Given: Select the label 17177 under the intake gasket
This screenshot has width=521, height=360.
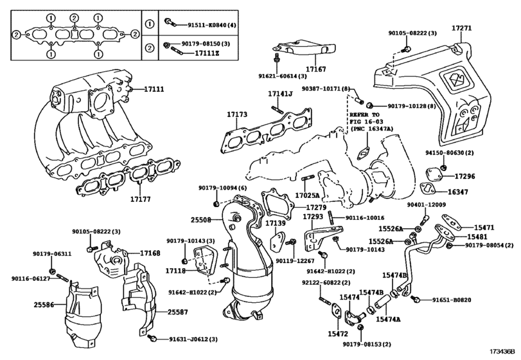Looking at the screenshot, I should [139, 199].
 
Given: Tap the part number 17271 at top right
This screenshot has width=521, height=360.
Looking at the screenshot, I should [461, 29].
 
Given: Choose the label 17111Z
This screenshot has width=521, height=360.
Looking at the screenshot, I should [209, 53].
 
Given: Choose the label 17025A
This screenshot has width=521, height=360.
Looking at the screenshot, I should [308, 194].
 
